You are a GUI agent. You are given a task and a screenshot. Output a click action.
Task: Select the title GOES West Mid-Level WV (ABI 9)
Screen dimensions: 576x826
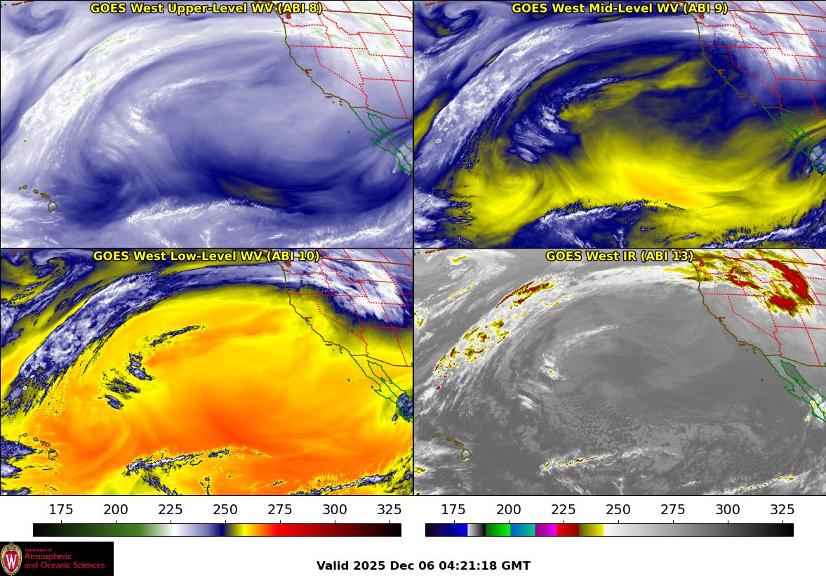[619, 8]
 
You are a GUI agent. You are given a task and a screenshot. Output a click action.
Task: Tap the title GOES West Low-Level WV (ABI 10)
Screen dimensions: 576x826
[206, 256]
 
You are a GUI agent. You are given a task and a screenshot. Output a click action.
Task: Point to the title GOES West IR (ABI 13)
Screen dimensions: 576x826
[619, 256]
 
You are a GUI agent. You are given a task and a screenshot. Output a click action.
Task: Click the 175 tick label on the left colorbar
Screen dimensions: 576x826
[61, 509]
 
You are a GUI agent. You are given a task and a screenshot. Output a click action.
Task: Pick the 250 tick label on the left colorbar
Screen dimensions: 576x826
[225, 509]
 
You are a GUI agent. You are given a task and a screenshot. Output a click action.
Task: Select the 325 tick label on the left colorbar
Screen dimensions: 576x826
[389, 509]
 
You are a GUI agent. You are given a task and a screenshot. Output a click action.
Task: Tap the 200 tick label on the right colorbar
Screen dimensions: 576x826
[508, 509]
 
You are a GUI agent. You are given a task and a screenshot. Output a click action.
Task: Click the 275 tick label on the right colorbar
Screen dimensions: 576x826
[672, 509]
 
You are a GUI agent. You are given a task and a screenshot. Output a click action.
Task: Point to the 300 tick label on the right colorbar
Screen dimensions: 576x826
[727, 509]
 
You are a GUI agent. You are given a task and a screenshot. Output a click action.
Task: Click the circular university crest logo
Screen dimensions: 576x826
[11, 558]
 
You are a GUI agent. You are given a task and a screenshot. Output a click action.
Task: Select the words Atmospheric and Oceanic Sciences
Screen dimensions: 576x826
[64, 561]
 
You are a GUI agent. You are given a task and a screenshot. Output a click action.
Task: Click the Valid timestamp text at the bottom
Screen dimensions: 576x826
[423, 565]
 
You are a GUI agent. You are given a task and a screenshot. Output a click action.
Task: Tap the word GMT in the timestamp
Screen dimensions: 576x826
[516, 565]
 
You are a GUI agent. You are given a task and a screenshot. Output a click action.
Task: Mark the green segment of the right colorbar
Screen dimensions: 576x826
[497, 530]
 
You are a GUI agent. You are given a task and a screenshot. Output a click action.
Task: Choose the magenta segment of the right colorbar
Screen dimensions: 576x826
[546, 530]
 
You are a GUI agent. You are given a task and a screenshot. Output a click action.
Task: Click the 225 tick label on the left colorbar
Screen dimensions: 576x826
[171, 509]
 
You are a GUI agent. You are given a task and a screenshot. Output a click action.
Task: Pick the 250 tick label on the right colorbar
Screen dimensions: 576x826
[618, 509]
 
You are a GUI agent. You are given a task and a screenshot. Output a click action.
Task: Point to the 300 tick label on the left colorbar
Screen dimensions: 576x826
[335, 509]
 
